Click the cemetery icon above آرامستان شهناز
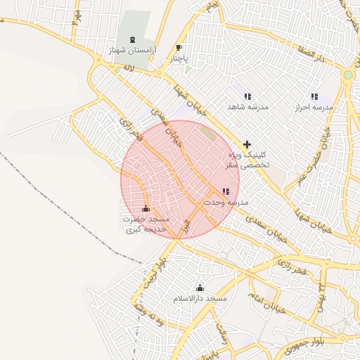pos(134,40)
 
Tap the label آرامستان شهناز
pos(131,51)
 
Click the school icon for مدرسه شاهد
pos(247,96)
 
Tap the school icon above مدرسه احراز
pos(314,96)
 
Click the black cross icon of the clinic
pos(247,144)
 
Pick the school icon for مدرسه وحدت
pos(225,191)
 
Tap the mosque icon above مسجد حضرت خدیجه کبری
pos(146,209)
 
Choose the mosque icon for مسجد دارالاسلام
pos(200,288)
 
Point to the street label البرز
pos(185,226)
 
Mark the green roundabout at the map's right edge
pos(347,75)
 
